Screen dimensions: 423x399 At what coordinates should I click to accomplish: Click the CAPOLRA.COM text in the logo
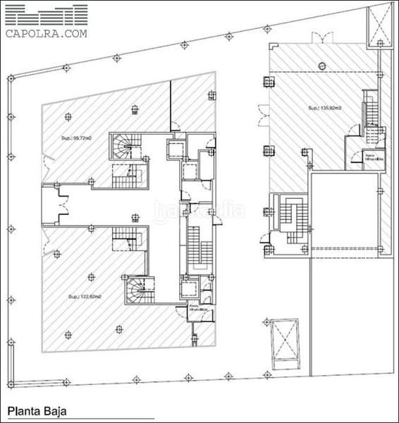[x=47, y=32]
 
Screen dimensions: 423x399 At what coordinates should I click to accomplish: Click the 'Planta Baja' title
[x=39, y=410]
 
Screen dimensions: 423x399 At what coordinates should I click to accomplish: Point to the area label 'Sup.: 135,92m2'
[x=324, y=108]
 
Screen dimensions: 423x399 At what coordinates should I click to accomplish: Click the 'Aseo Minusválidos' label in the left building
[x=197, y=309]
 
